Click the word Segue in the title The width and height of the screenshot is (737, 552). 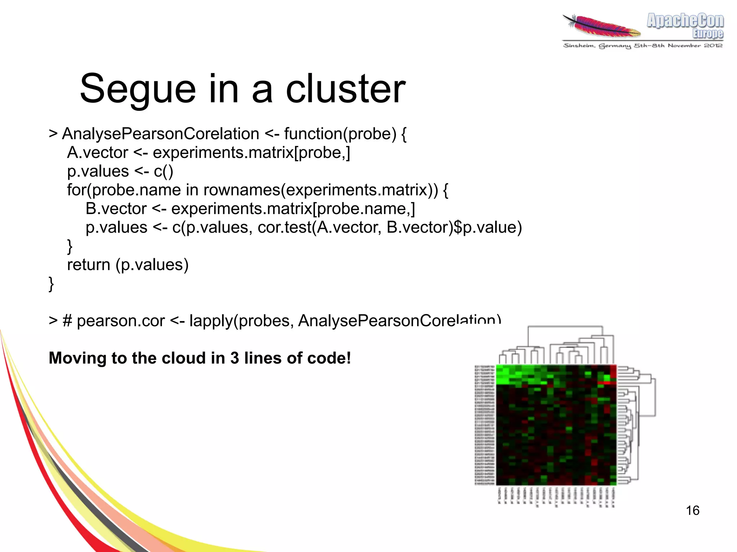pyautogui.click(x=138, y=89)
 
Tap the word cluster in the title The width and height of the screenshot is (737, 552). pyautogui.click(x=345, y=88)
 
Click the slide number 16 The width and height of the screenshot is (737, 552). pyautogui.click(x=692, y=510)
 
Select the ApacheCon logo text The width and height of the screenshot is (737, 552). pyautogui.click(x=685, y=20)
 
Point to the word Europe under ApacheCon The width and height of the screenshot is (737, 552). pyautogui.click(x=707, y=34)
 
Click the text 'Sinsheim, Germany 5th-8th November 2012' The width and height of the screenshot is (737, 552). pyautogui.click(x=643, y=46)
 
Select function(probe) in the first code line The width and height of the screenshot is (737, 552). pyautogui.click(x=340, y=134)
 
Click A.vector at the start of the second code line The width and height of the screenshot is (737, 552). pyautogui.click(x=98, y=152)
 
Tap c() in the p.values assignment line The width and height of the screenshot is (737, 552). pyautogui.click(x=163, y=171)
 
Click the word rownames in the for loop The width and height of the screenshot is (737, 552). pyautogui.click(x=241, y=190)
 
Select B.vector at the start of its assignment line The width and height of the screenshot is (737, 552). pyautogui.click(x=116, y=209)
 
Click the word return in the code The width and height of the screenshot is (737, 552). pyautogui.click(x=89, y=265)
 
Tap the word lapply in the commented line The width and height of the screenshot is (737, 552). pyautogui.click(x=211, y=320)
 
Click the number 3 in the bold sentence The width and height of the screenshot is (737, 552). pyautogui.click(x=235, y=358)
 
